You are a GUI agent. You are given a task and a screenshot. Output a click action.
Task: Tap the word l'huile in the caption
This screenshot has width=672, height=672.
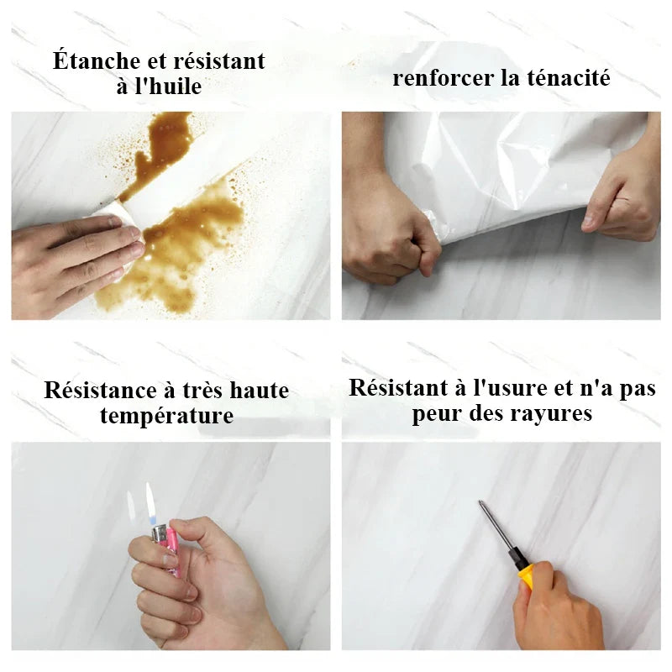[173, 86]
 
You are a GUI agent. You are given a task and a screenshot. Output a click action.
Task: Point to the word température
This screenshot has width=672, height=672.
[166, 415]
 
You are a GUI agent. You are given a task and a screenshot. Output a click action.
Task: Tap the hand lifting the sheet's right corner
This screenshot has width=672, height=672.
[622, 197]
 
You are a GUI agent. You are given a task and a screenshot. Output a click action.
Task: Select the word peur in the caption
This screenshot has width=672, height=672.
[440, 413]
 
